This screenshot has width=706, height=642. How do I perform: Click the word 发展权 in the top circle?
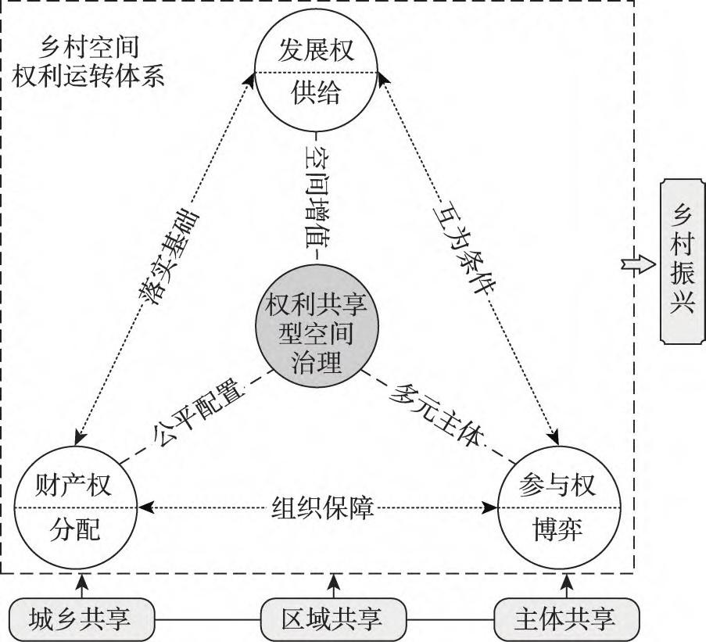tap(317, 51)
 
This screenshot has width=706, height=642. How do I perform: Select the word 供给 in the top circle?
tap(317, 94)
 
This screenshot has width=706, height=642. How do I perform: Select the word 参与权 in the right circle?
tap(557, 486)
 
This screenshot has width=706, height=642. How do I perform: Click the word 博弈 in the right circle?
tap(557, 530)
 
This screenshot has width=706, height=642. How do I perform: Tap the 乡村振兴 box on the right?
tap(682, 260)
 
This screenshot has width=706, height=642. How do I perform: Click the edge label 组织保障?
tap(323, 508)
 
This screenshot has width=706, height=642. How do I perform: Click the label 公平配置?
tap(194, 422)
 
